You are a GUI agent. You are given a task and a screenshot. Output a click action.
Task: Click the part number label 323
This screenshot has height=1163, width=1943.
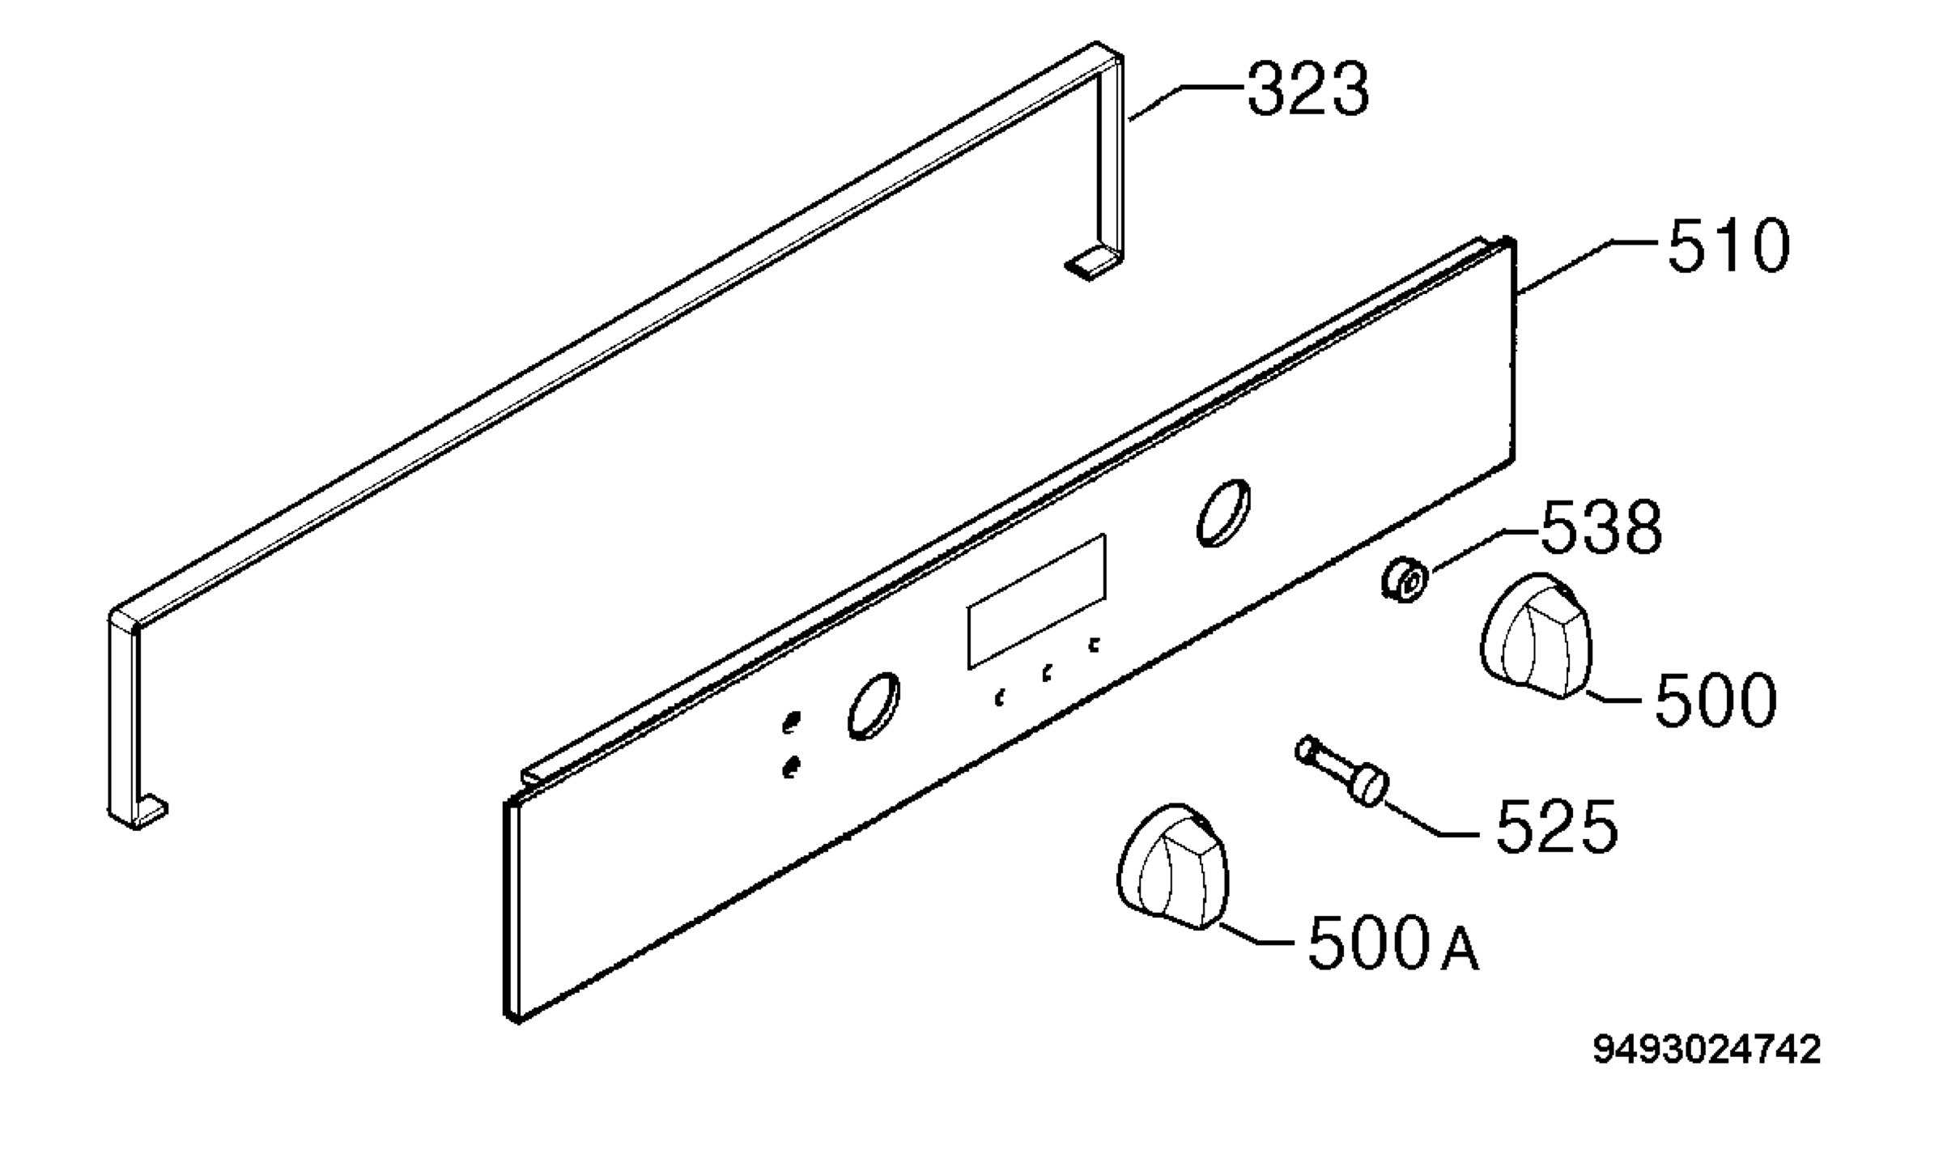[x=1307, y=88]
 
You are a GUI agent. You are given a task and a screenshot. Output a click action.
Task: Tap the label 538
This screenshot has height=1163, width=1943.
[x=1601, y=527]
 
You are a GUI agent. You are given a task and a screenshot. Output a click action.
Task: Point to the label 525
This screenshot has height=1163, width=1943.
[x=1556, y=825]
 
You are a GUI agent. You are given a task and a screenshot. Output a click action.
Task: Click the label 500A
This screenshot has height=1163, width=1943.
[x=1393, y=943]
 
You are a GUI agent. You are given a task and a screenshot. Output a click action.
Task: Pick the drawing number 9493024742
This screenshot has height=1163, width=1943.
[x=1707, y=1050]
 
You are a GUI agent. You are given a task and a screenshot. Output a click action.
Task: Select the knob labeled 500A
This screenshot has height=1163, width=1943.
[x=1171, y=866]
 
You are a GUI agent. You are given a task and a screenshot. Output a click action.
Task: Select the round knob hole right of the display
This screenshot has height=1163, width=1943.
[x=1222, y=512]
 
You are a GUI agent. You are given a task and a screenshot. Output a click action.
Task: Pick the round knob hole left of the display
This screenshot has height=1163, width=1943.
[x=874, y=705]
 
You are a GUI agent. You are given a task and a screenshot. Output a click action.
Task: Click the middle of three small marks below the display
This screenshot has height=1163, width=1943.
[x=1047, y=672]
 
